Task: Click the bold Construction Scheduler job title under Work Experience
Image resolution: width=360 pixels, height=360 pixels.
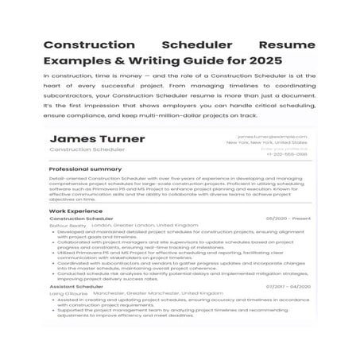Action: [x=82, y=219]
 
